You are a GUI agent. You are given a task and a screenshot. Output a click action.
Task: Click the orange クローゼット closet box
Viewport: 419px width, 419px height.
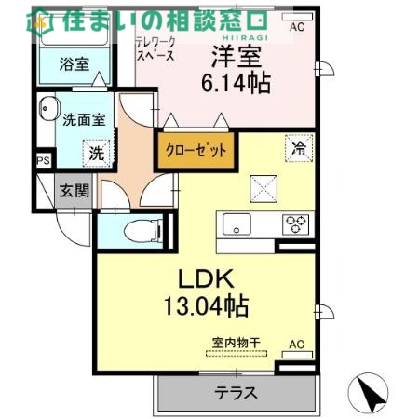195,151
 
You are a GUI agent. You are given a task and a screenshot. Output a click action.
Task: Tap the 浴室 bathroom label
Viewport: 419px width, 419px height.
74,64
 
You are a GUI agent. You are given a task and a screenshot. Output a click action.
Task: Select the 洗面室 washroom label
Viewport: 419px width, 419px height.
84,118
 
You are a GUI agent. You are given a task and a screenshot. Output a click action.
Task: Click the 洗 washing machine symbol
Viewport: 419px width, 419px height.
96,152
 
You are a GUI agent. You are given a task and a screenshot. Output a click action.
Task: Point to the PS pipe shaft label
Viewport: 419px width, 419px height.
43,161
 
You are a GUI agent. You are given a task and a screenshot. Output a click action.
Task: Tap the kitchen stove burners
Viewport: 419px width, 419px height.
296,223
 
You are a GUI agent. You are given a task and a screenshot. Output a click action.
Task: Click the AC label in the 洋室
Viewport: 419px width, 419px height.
297,28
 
